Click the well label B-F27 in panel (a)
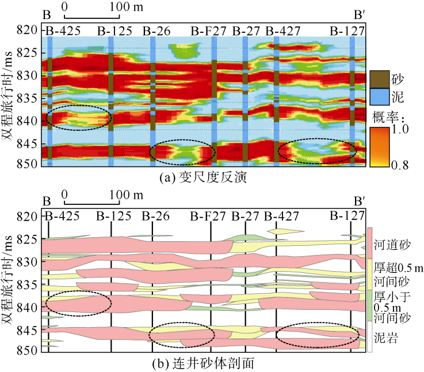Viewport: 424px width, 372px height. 208,31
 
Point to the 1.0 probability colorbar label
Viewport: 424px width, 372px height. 403,130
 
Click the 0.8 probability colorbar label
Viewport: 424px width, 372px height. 403,165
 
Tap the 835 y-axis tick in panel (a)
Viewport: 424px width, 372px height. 28,98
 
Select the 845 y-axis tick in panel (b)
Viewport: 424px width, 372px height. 28,331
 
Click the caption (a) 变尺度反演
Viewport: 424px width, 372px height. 203,179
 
